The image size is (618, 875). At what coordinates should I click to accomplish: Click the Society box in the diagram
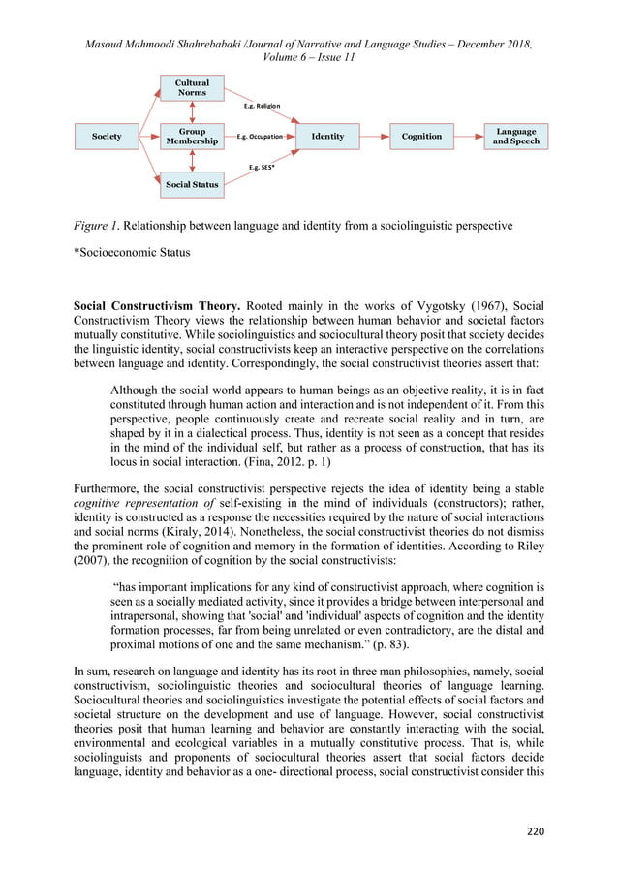pos(107,137)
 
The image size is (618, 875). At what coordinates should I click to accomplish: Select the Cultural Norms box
pos(192,88)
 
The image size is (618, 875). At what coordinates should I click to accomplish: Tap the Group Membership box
pos(192,137)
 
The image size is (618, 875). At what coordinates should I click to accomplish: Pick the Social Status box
pos(192,184)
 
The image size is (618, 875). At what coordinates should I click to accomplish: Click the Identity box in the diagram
pos(327,137)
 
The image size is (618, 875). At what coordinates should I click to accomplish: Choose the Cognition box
pos(421,137)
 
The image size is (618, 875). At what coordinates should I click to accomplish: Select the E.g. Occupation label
pos(261,137)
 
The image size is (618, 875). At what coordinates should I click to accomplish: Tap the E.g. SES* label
pos(261,167)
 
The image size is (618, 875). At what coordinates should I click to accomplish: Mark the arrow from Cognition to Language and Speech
pos(468,137)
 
